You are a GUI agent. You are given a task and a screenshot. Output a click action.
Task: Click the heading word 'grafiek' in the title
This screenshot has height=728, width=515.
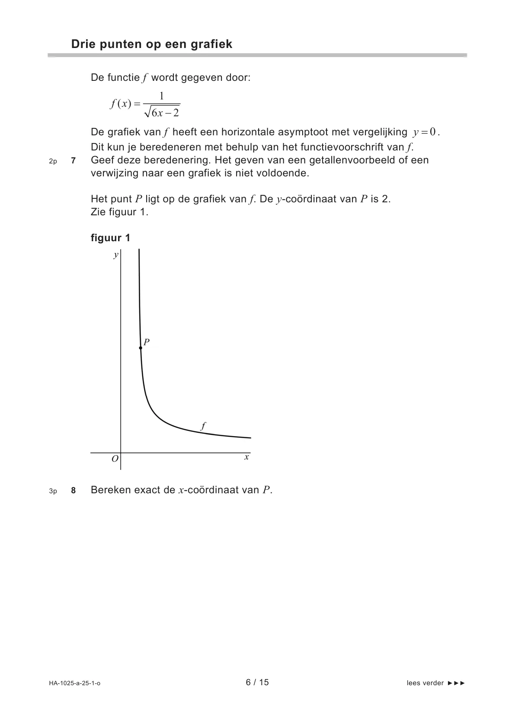(x=211, y=44)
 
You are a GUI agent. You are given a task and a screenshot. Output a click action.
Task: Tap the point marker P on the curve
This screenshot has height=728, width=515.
(x=141, y=348)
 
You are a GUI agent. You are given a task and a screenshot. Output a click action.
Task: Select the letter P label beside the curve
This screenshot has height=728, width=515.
(x=147, y=342)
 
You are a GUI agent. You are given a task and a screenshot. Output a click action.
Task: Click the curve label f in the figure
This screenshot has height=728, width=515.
(x=203, y=426)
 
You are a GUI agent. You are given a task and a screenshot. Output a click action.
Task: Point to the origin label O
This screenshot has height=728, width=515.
(x=115, y=459)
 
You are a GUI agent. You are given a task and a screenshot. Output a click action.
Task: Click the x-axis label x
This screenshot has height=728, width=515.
(x=246, y=457)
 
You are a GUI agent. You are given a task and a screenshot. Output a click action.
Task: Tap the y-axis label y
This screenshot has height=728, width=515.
(x=115, y=255)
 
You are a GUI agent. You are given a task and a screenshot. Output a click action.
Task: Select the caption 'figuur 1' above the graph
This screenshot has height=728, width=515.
(x=110, y=238)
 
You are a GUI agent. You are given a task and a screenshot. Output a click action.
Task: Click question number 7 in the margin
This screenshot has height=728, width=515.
(x=73, y=161)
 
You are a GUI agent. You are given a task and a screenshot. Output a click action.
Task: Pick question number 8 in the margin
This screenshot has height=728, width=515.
(x=73, y=491)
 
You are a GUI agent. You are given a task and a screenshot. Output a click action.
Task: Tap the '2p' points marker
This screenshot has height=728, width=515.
(x=53, y=161)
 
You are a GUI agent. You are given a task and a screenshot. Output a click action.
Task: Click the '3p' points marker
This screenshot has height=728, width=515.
(x=53, y=491)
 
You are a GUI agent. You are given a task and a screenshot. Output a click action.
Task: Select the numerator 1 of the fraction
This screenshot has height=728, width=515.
(x=162, y=96)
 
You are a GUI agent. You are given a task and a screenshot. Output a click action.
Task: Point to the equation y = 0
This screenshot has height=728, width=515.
(x=426, y=132)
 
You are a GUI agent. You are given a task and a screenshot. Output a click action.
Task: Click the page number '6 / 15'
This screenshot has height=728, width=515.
(x=257, y=682)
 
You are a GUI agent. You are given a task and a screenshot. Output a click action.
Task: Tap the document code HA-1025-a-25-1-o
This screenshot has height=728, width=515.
(x=74, y=683)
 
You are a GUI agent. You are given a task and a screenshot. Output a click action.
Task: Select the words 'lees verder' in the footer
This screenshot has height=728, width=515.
(x=425, y=683)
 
